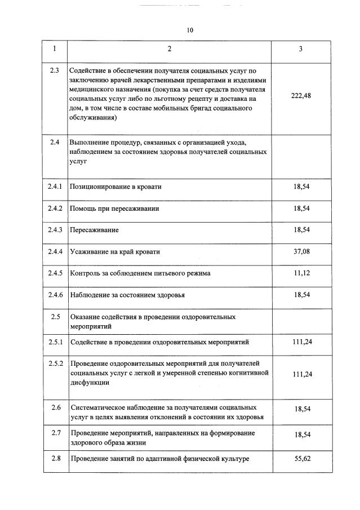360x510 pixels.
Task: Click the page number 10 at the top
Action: pos(190,30)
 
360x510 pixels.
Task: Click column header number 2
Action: pos(169,49)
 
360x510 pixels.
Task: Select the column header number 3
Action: pos(300,49)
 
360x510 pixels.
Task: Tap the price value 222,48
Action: pos(300,95)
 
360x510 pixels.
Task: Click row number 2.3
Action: pos(55,70)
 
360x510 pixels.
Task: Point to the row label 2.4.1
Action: pos(55,187)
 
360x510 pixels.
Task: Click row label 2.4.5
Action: pos(55,273)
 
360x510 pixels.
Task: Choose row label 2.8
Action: pos(55,458)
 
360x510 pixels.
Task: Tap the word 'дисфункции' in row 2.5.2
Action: pos(90,383)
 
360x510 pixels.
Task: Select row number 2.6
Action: pos(55,407)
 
